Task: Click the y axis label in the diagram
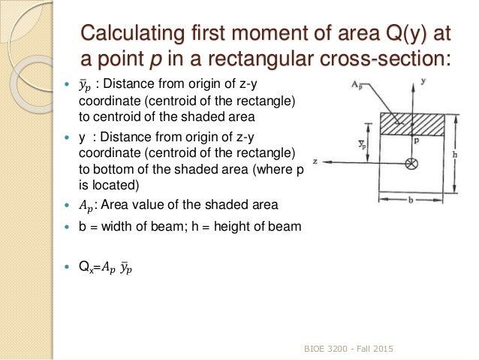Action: pyautogui.click(x=425, y=79)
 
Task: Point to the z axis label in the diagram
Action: pyautogui.click(x=317, y=161)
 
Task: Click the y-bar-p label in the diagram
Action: pyautogui.click(x=362, y=142)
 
